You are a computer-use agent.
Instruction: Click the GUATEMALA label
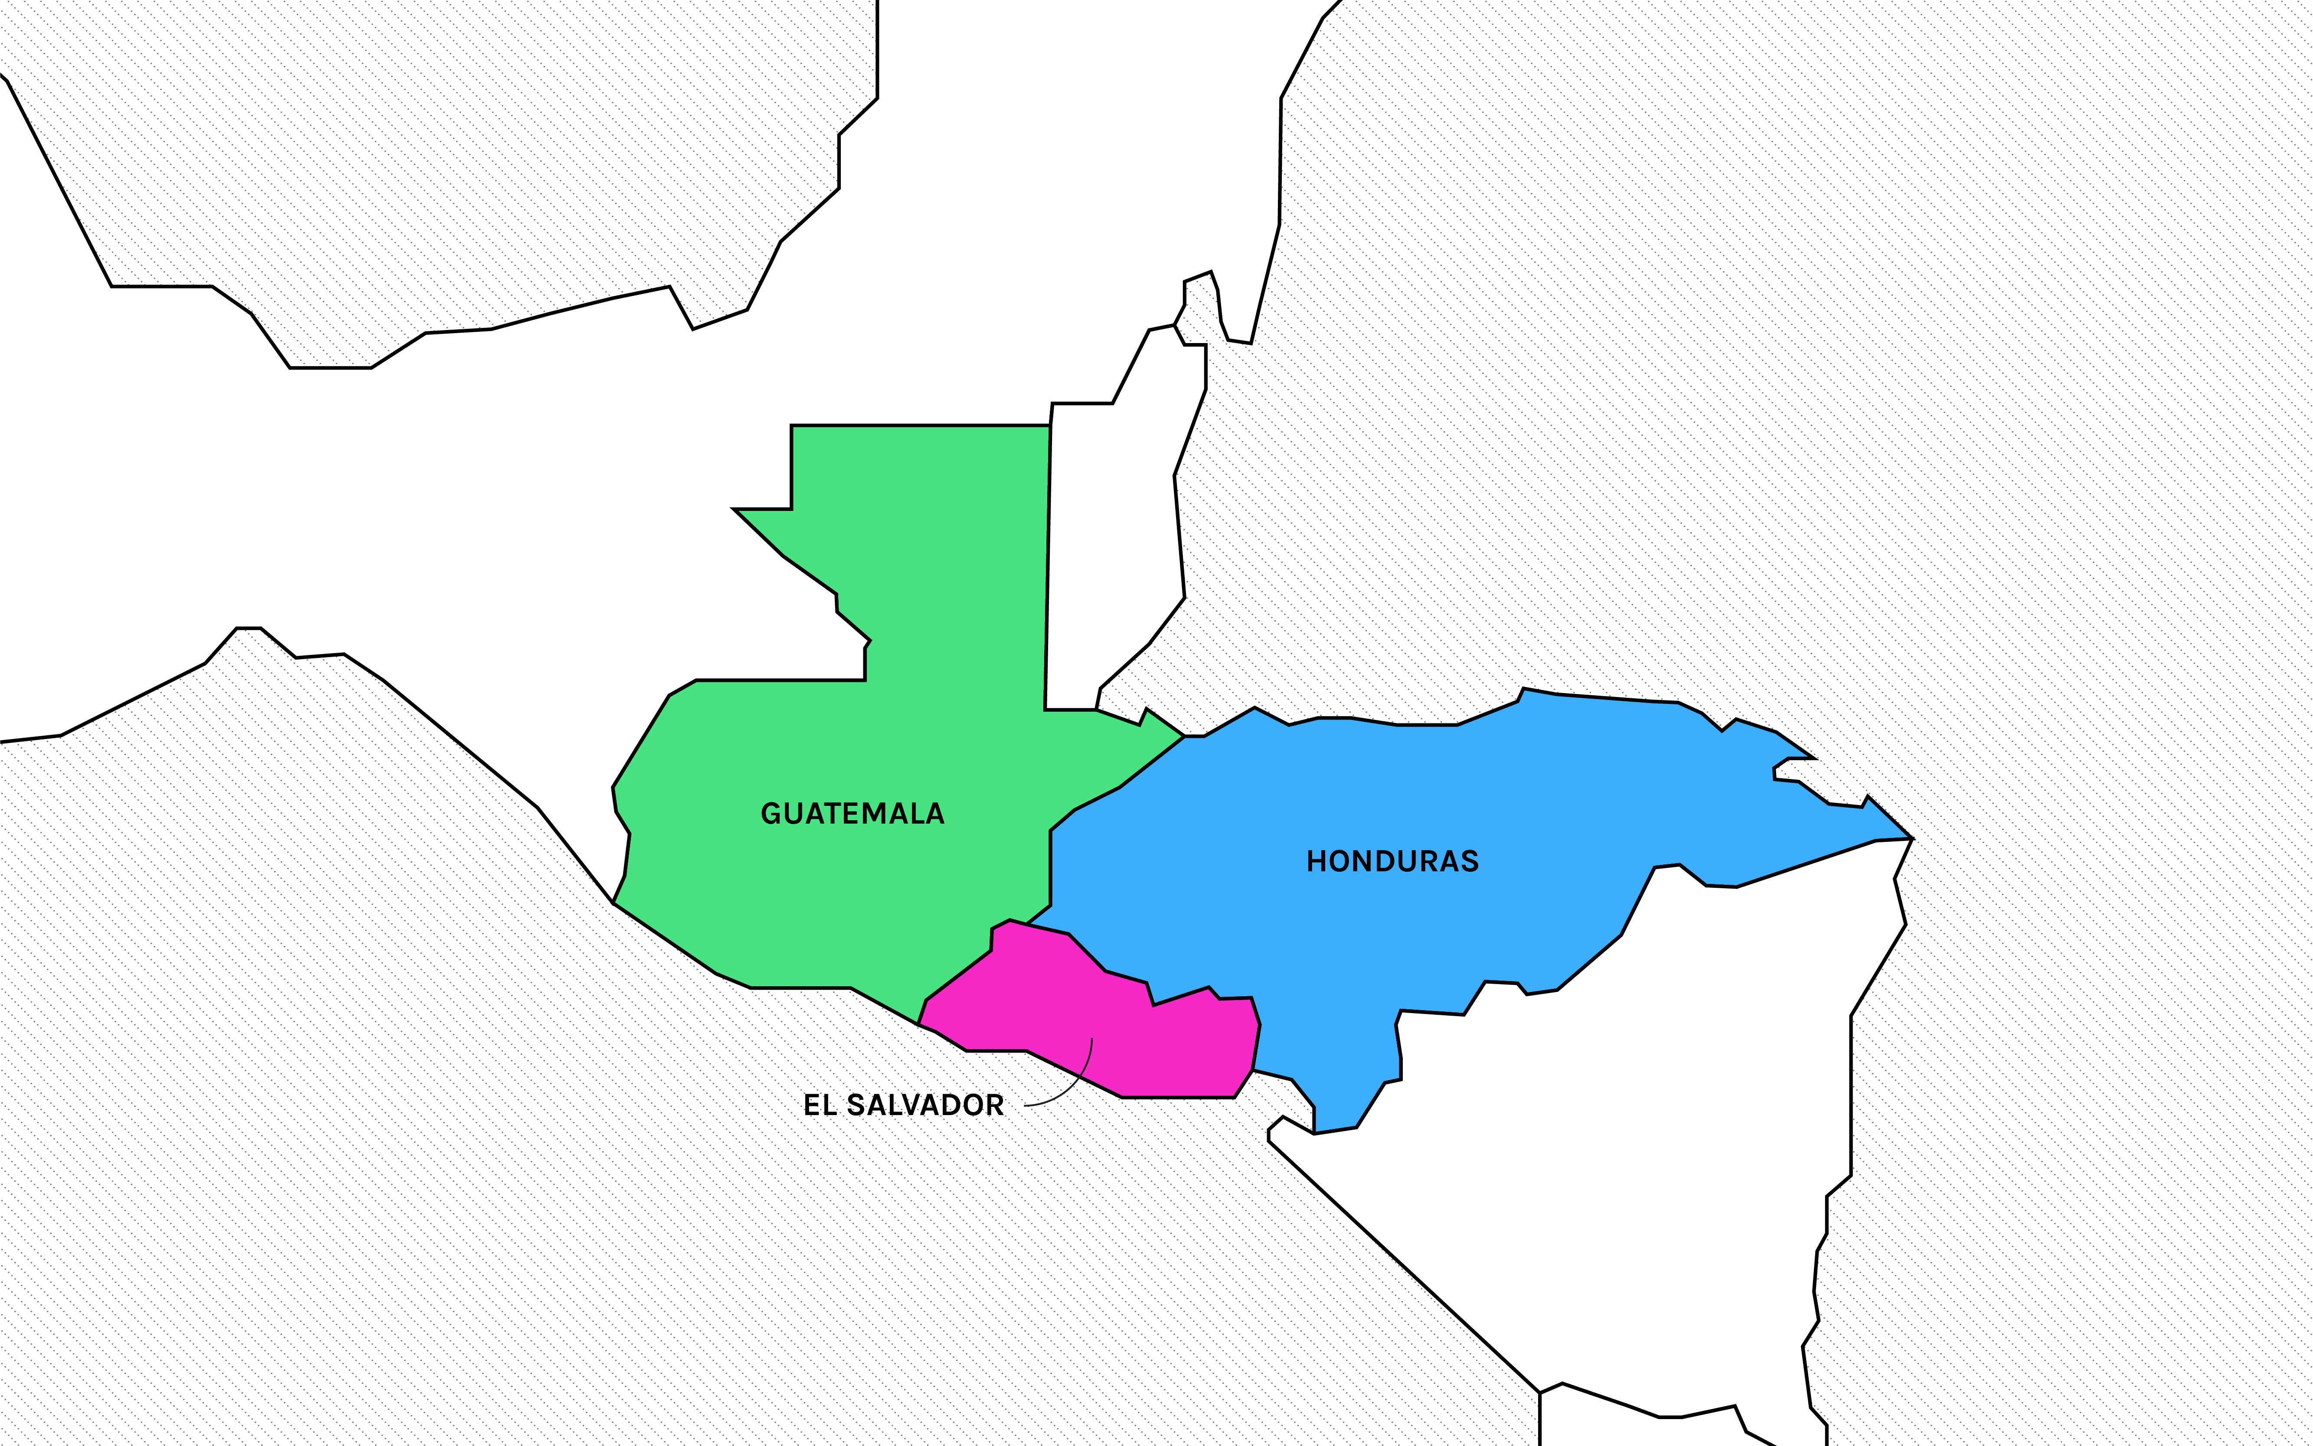tap(852, 814)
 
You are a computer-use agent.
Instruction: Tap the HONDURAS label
tap(1392, 862)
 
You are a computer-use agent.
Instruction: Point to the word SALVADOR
tap(925, 1106)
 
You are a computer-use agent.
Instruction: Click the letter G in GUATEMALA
tap(771, 814)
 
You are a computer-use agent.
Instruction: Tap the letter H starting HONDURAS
tap(1317, 862)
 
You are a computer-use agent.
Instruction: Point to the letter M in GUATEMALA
tap(880, 814)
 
